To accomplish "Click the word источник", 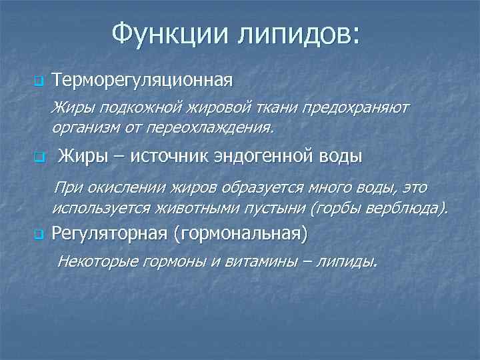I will [170, 157].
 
